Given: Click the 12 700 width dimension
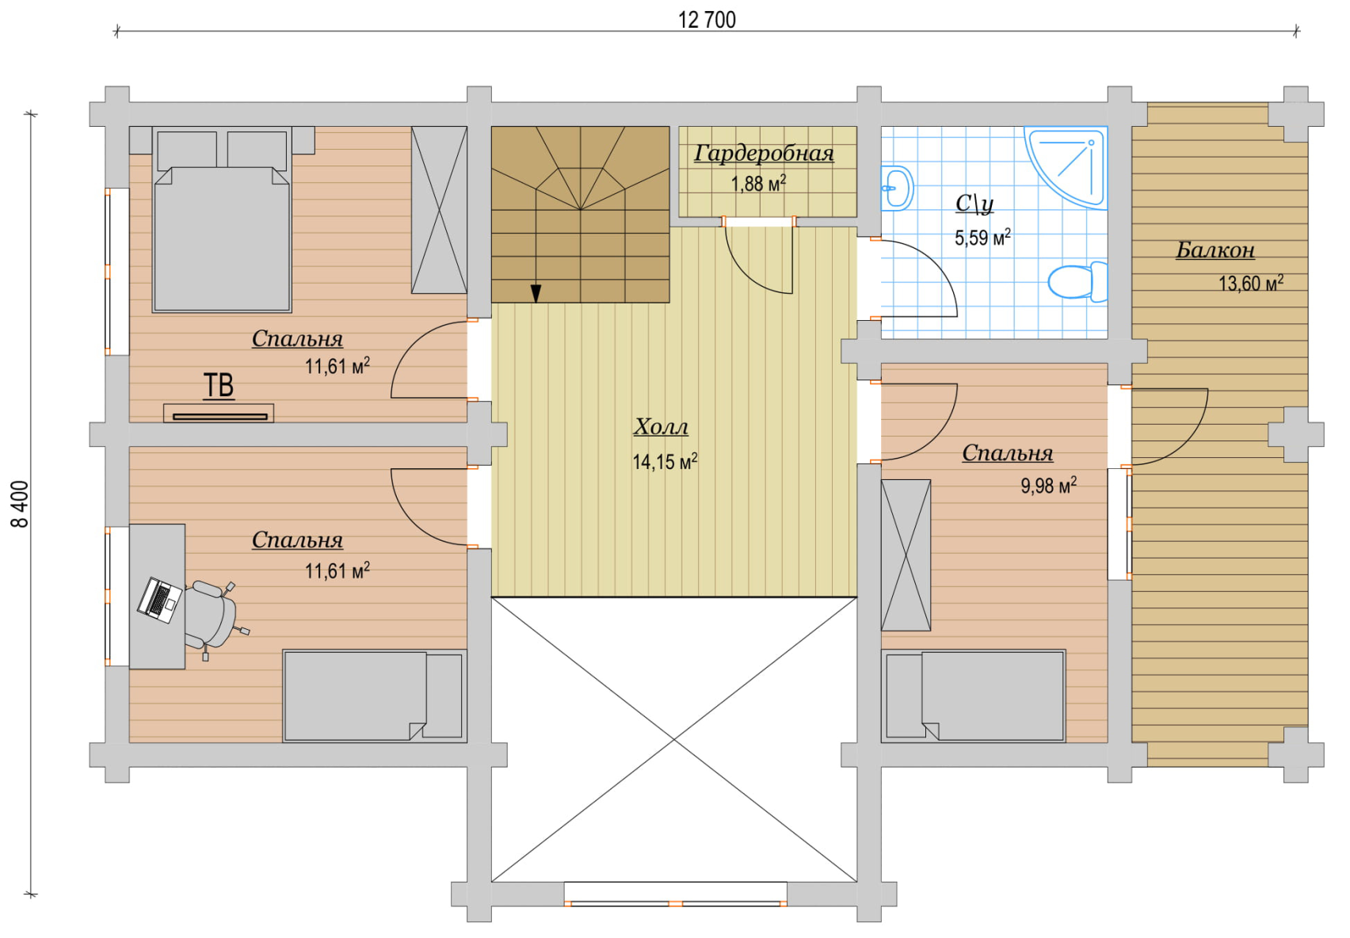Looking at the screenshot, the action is pyautogui.click(x=707, y=20).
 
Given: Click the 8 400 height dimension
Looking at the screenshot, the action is pyautogui.click(x=21, y=504).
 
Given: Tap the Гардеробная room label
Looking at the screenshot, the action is pyautogui.click(x=764, y=154).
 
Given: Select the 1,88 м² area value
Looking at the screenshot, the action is pyautogui.click(x=758, y=183).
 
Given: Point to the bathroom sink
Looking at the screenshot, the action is pyautogui.click(x=897, y=188).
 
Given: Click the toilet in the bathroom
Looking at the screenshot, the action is pyautogui.click(x=1078, y=281).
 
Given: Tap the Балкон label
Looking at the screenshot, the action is pyautogui.click(x=1215, y=250).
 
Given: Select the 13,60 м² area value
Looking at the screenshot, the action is pyautogui.click(x=1250, y=283).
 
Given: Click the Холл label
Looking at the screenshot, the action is pyautogui.click(x=661, y=427).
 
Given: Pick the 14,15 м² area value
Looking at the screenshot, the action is pyautogui.click(x=665, y=462).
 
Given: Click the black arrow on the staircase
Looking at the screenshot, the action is pyautogui.click(x=536, y=293).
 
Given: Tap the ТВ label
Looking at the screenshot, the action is pyautogui.click(x=218, y=386).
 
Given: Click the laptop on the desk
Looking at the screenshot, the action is pyautogui.click(x=159, y=599).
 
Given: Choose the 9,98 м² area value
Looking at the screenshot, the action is pyautogui.click(x=1049, y=486).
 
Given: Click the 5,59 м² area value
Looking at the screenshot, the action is pyautogui.click(x=982, y=238).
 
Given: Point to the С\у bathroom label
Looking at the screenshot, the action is pyautogui.click(x=974, y=204).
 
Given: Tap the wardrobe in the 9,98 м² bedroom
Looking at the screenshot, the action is pyautogui.click(x=906, y=555).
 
